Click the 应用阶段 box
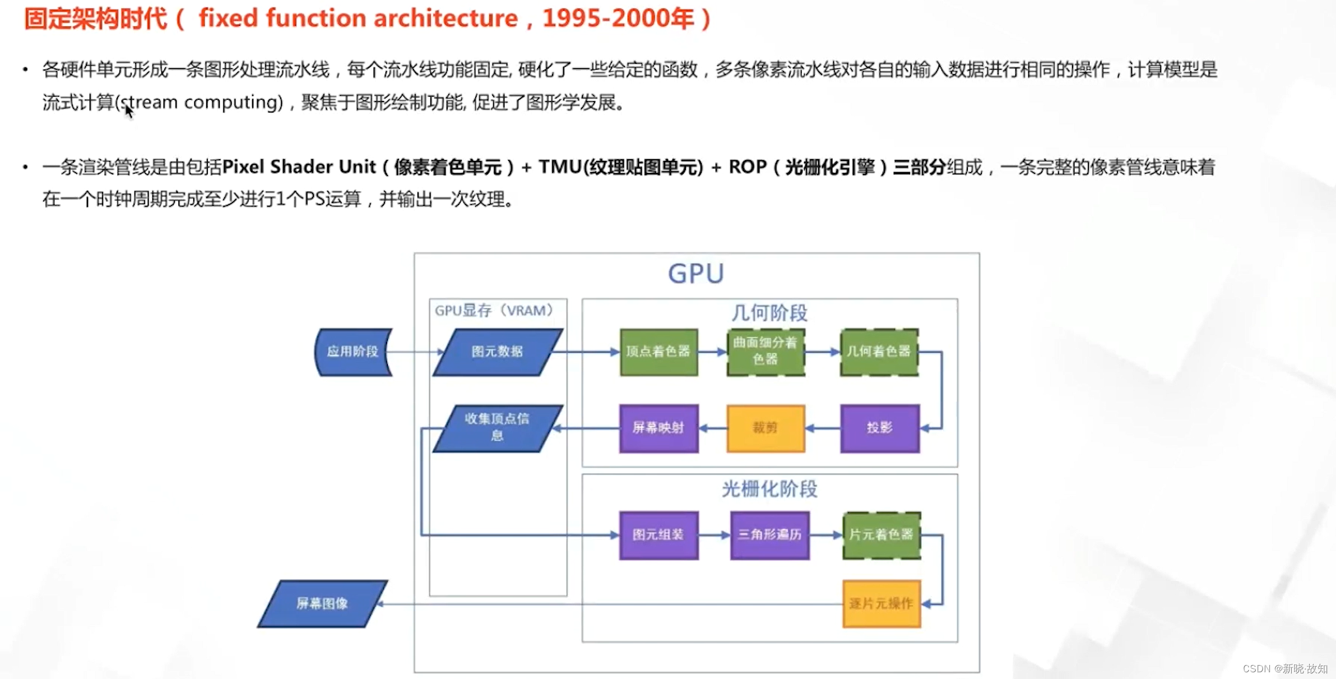point(353,352)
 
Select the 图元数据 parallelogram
point(497,352)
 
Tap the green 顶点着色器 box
point(658,352)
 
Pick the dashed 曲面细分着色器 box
point(766,352)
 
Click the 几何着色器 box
point(879,352)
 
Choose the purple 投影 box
point(879,428)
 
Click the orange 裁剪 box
point(766,428)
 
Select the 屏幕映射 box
point(658,428)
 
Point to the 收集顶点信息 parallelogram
point(497,428)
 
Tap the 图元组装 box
point(658,535)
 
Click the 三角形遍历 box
point(769,535)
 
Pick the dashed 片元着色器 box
point(881,535)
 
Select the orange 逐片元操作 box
point(881,604)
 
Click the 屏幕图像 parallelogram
point(322,604)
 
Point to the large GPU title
point(696,274)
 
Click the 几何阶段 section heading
point(769,313)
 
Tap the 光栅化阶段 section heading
point(769,489)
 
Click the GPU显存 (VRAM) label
point(494,311)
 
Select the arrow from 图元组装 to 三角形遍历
point(715,535)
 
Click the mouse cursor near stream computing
point(128,110)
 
